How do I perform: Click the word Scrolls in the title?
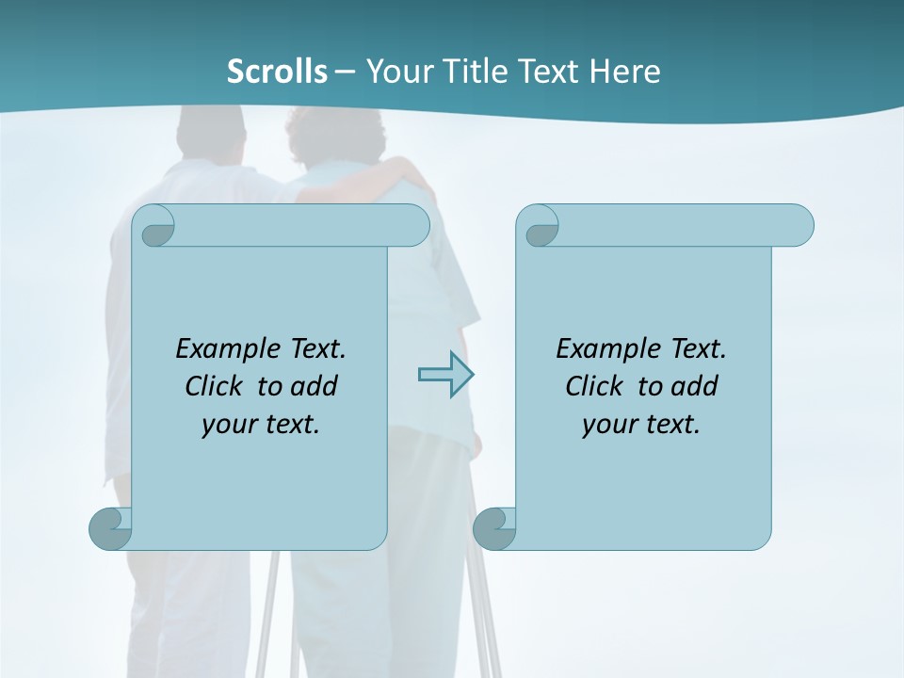coord(277,72)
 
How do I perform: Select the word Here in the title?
coord(625,72)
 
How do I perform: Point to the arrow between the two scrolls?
coord(445,375)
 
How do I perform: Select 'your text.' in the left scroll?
coord(261,424)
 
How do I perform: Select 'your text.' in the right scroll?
coord(641,424)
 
